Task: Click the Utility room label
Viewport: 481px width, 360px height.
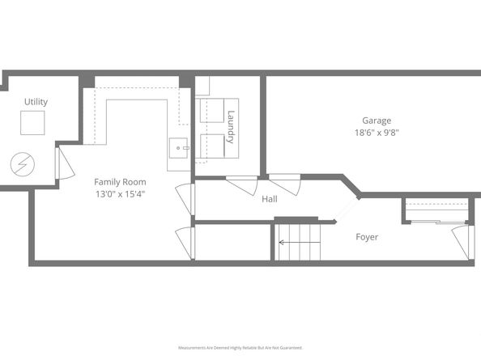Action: coord(36,102)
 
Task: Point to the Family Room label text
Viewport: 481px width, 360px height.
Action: coord(120,181)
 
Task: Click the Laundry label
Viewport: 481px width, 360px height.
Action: coord(231,127)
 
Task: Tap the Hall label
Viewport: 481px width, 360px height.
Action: coord(270,198)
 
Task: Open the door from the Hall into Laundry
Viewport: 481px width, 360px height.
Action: coord(242,184)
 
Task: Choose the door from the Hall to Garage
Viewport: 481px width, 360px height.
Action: coord(285,184)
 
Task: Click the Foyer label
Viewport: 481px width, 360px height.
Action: coord(367,237)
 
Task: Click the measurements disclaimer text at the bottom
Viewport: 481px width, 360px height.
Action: coord(240,347)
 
